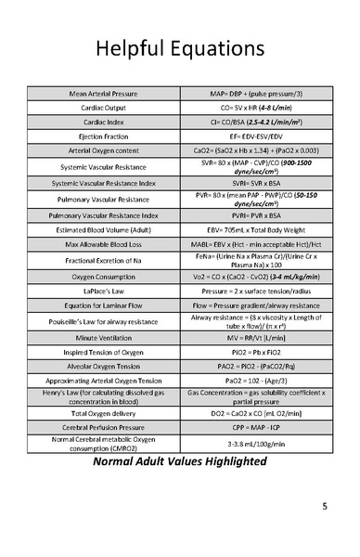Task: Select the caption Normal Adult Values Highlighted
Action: (179, 462)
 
